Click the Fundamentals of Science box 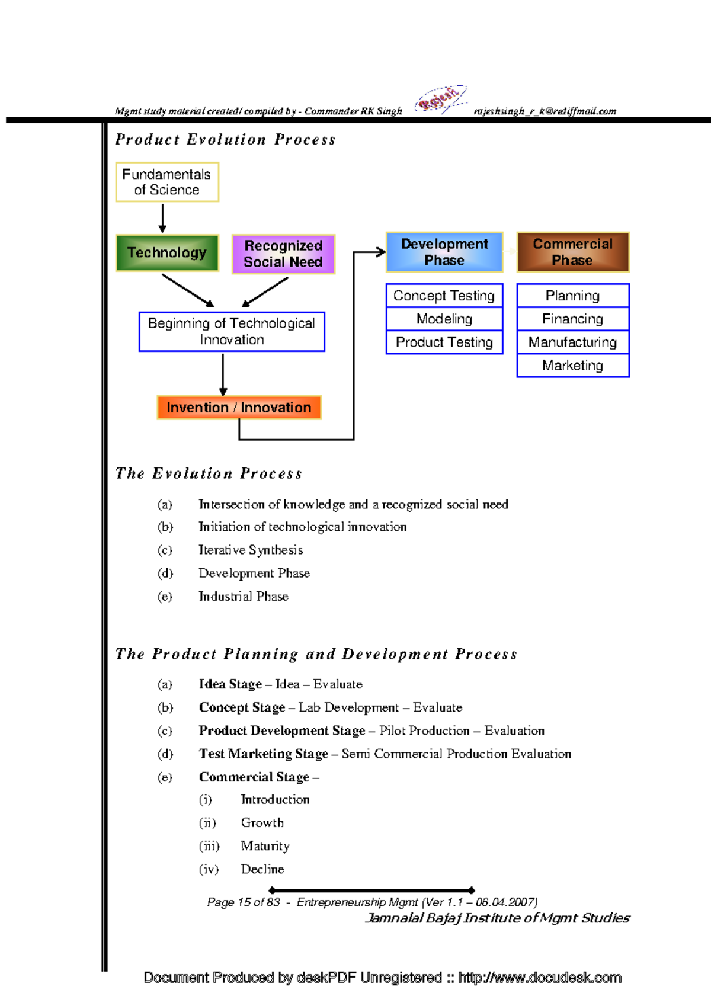click(167, 182)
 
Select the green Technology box click(167, 253)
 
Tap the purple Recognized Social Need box click(283, 254)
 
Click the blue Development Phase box click(444, 252)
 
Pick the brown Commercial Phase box click(572, 252)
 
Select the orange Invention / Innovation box click(239, 408)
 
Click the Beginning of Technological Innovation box click(232, 332)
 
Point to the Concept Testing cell click(444, 296)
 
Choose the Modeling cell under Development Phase click(444, 319)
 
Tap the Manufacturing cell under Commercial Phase click(572, 342)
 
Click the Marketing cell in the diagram click(572, 366)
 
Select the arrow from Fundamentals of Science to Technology click(162, 217)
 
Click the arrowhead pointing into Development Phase click(380, 252)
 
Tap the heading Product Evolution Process click(225, 140)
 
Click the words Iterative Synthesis click(251, 550)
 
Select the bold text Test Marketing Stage click(263, 754)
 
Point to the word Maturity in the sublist click(265, 846)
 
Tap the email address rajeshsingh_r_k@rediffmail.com click(545, 111)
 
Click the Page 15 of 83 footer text click(243, 902)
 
